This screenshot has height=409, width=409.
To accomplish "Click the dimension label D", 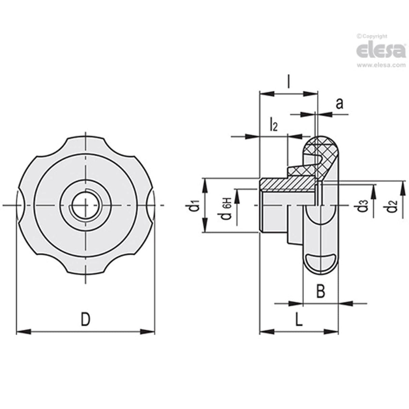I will (86, 319).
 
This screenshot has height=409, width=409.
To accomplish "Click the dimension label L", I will (298, 319).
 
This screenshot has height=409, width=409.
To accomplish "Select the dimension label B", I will (321, 291).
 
